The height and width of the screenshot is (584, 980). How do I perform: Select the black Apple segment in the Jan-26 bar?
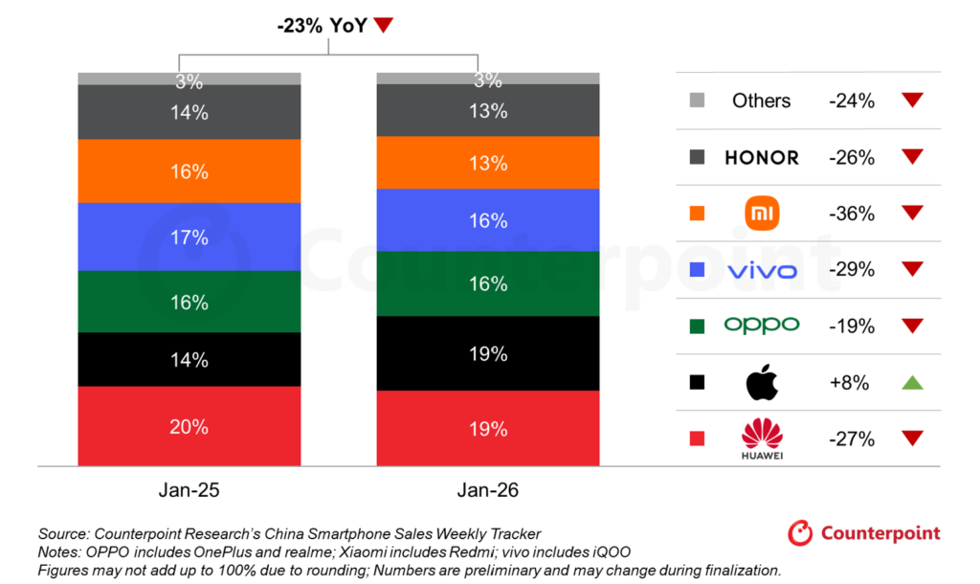coord(488,354)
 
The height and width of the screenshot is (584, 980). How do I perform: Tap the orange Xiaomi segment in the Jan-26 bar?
coord(488,163)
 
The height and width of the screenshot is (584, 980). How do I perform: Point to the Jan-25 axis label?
coord(189,490)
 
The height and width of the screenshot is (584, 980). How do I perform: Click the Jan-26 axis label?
coord(488,490)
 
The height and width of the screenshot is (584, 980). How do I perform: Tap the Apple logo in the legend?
coord(762,382)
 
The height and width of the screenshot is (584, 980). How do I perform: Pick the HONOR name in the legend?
coord(762,157)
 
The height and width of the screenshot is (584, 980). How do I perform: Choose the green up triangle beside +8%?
coord(912,382)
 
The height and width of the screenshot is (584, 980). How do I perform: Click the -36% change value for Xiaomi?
coord(852,213)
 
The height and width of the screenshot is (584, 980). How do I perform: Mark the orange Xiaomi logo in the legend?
coord(762,213)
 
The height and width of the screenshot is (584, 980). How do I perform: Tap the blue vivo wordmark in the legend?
coord(762,270)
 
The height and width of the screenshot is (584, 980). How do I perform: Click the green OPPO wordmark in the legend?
coord(762,326)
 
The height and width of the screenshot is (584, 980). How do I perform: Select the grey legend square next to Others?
coord(697,101)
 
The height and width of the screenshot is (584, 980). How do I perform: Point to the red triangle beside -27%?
coord(912,438)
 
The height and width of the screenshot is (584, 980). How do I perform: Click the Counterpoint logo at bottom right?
coord(864,533)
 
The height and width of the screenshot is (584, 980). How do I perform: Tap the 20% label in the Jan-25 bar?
coord(189,427)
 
